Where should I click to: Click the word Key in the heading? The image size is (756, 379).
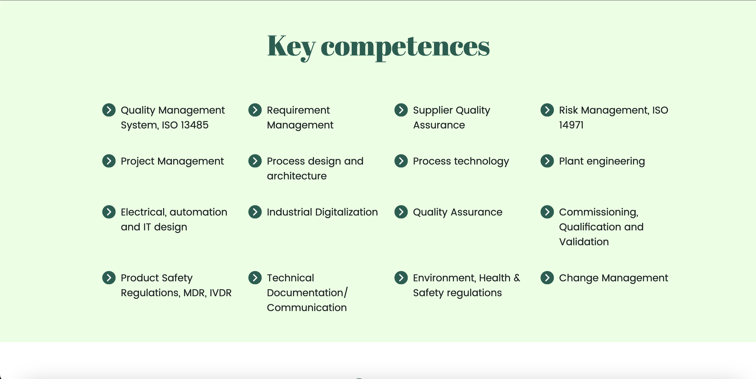pos(291,47)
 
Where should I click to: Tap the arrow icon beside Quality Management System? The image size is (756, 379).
pos(109,110)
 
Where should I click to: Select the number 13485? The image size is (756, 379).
pos(194,125)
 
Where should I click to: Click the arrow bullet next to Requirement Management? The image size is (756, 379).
pos(255,110)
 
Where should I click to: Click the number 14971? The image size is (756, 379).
pos(571,125)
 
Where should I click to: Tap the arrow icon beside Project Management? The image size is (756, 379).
pos(109,161)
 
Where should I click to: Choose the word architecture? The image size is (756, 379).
pos(297,176)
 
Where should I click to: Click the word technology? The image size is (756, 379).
pos(482,162)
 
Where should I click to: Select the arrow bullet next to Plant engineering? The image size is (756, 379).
pos(547,161)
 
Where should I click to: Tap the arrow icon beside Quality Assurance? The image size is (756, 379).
pos(401,212)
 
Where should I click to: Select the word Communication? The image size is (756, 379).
pos(307,308)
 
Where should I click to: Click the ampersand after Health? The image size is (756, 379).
pos(517,278)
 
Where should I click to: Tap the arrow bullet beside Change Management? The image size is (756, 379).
pos(547,278)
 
